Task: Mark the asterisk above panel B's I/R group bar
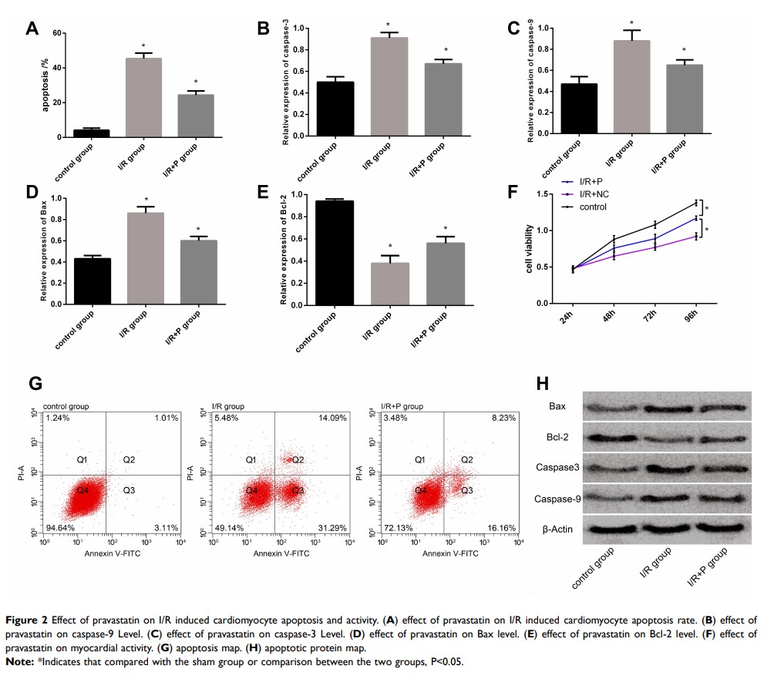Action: coord(387,25)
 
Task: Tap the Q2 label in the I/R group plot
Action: coord(298,460)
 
